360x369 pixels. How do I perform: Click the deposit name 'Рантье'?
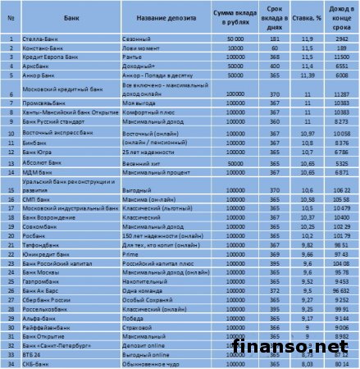(130, 57)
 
